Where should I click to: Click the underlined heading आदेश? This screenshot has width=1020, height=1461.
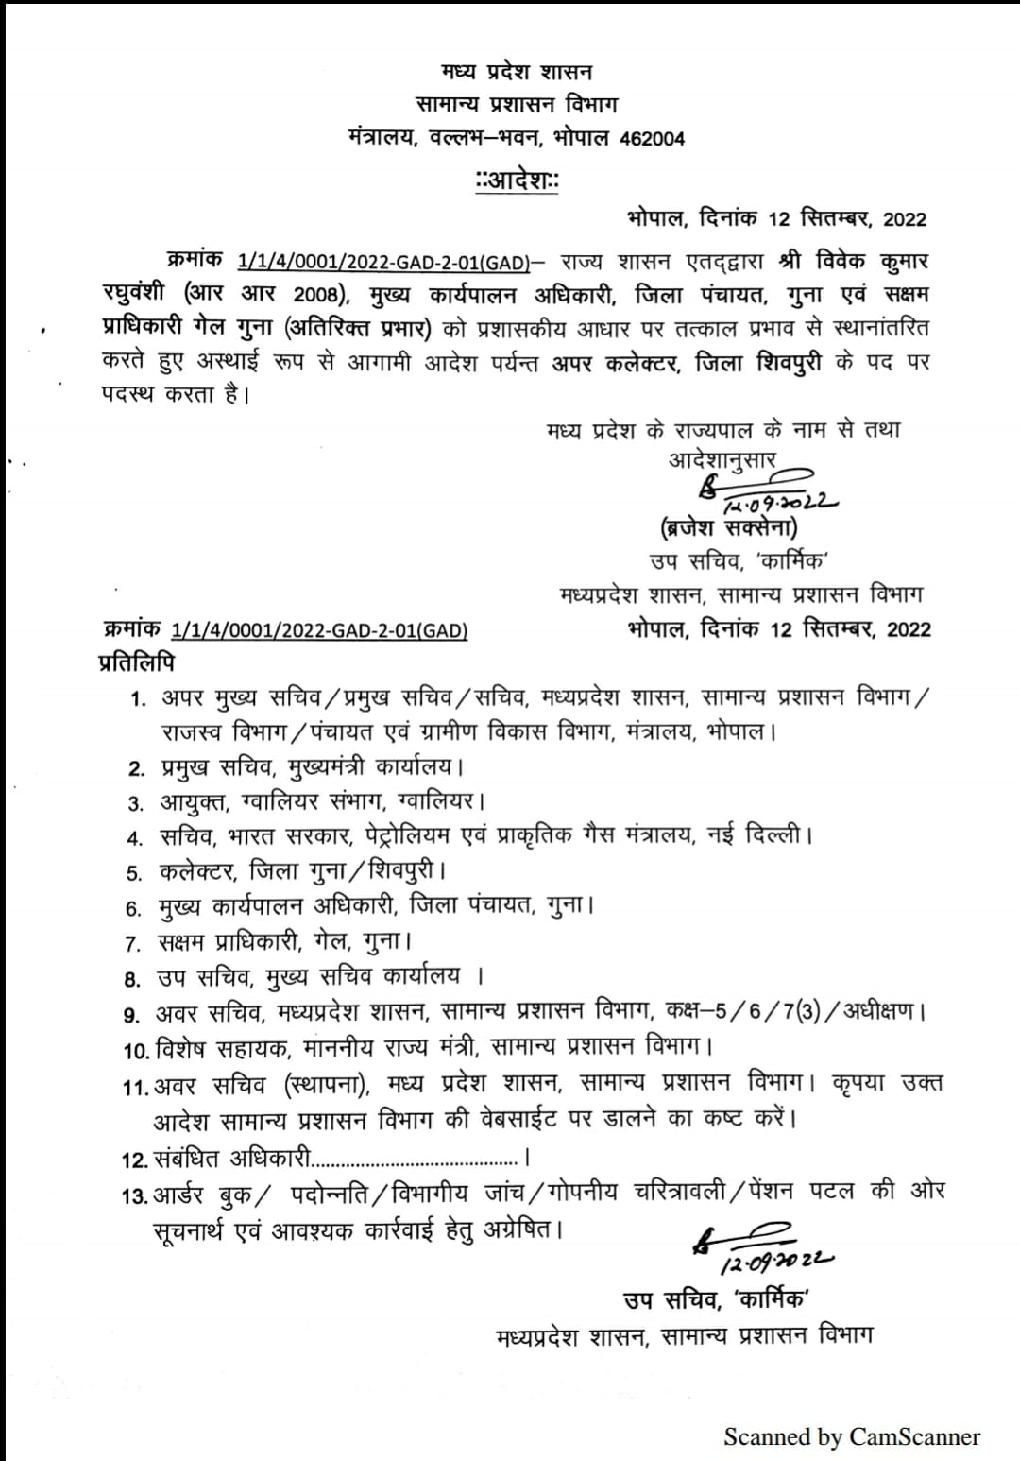pos(518,180)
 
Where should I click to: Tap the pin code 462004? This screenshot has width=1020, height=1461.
pos(652,139)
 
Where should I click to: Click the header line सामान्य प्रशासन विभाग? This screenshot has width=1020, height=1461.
pos(517,105)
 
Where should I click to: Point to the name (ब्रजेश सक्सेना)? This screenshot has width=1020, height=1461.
pos(729,527)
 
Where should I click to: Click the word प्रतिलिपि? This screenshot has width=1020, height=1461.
pos(137,663)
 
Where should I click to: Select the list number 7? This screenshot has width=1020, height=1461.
pos(133,943)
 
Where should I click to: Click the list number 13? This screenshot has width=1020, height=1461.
pos(135,1196)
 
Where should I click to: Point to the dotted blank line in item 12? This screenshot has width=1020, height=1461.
pos(416,1159)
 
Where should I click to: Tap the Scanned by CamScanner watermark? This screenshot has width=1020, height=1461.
pos(852,1437)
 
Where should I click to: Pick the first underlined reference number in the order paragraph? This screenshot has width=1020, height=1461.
pos(382,260)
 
